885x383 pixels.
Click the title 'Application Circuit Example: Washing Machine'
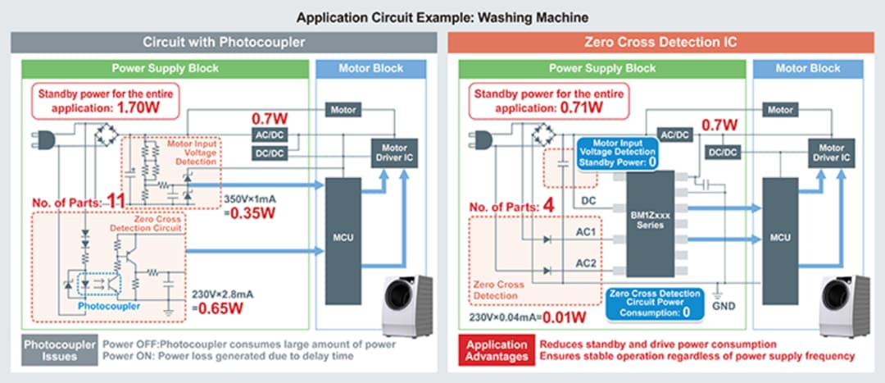coord(442,16)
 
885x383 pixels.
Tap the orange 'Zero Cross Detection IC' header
coord(661,42)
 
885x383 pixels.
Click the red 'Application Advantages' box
coord(497,350)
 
